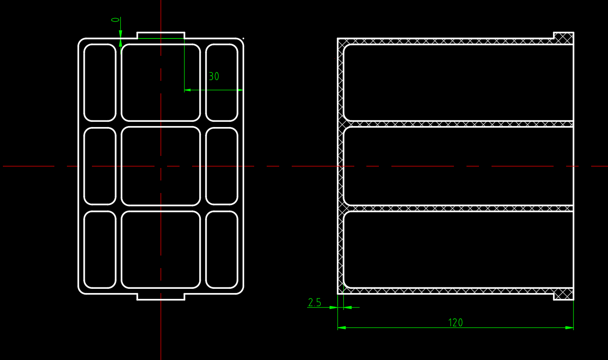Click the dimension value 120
click(x=455, y=322)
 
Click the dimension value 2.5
click(x=314, y=302)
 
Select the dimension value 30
click(x=214, y=77)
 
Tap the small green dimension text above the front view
click(x=116, y=20)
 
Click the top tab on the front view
click(x=161, y=36)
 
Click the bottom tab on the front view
click(x=161, y=297)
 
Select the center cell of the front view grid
click(x=161, y=166)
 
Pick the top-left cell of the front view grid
click(x=100, y=82)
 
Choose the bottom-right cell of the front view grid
click(x=222, y=250)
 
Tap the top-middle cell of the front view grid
click(x=161, y=82)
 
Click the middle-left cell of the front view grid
click(x=100, y=166)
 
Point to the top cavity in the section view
click(x=458, y=82)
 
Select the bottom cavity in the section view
click(x=458, y=250)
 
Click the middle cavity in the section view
click(x=458, y=166)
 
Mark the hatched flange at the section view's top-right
click(x=564, y=38)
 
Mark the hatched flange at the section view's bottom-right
click(x=564, y=294)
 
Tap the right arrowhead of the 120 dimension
click(x=569, y=328)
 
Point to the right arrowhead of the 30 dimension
click(x=240, y=90)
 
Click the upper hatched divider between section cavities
click(x=458, y=124)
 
